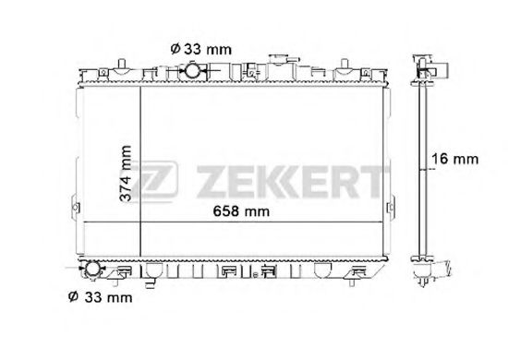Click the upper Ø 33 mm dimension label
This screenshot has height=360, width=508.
point(200,50)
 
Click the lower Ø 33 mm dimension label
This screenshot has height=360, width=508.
point(101,297)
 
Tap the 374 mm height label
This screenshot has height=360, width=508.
point(126,174)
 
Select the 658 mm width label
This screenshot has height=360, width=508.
point(241,211)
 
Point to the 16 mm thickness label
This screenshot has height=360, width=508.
point(454,159)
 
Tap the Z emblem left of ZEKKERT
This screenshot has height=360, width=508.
point(154,180)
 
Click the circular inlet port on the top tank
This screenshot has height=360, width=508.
point(192,70)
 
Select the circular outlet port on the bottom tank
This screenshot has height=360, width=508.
point(92,269)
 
